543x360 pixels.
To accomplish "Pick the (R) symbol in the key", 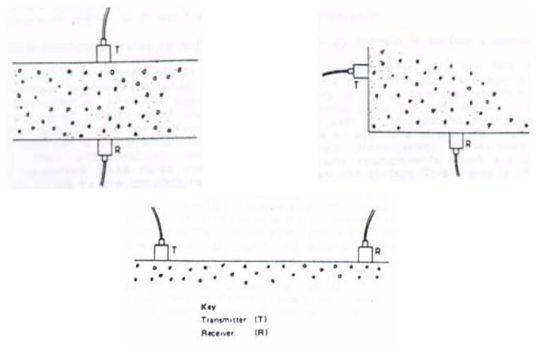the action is pyautogui.click(x=260, y=332).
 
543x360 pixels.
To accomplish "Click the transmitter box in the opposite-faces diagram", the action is pyautogui.click(x=104, y=53).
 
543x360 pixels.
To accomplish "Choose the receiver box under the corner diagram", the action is pyautogui.click(x=457, y=141).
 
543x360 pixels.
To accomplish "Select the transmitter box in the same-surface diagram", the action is pyautogui.click(x=161, y=252).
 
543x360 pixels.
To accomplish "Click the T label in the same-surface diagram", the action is pyautogui.click(x=174, y=250).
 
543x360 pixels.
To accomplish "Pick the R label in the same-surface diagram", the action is pyautogui.click(x=378, y=251).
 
